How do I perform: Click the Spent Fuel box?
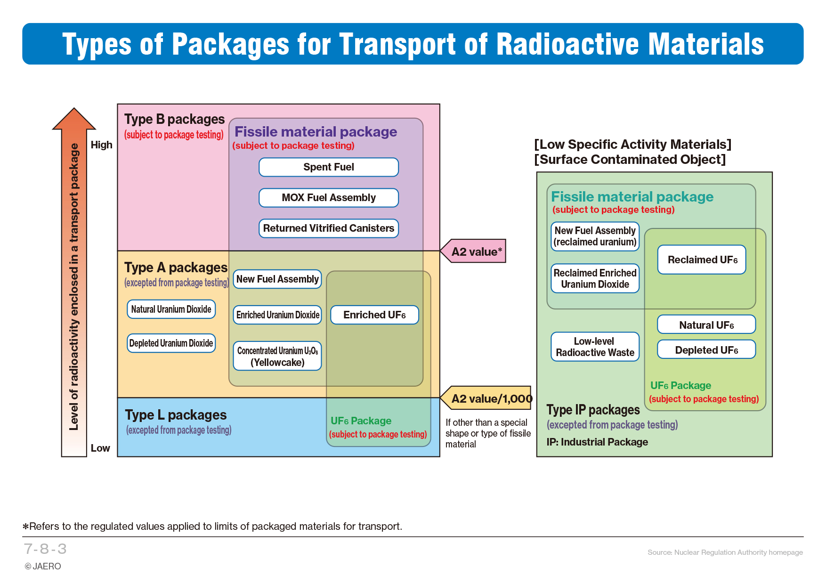(329, 167)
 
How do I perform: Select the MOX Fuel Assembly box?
(329, 198)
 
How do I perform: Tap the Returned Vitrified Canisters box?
(329, 228)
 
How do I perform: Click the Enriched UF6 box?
(375, 315)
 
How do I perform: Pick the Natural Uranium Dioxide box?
(171, 309)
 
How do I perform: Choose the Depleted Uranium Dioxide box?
(171, 343)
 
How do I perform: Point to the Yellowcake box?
(277, 356)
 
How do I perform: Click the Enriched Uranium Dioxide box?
(277, 315)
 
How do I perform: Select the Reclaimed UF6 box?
(702, 260)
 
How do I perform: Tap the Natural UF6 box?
(706, 324)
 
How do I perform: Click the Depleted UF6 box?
(706, 349)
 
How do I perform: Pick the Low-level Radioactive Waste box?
(595, 347)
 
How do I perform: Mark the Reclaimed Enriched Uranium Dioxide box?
(595, 278)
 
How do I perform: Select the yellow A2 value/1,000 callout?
(486, 398)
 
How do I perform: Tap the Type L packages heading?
(176, 415)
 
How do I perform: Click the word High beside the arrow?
(102, 145)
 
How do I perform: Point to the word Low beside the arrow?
(100, 448)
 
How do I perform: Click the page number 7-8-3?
(45, 549)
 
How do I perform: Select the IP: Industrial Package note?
(597, 442)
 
